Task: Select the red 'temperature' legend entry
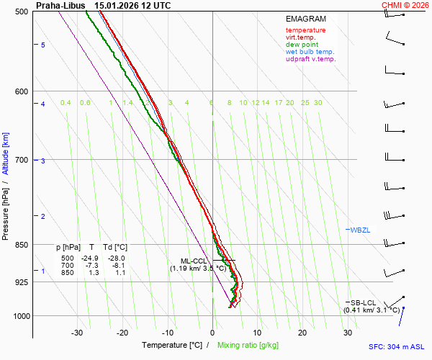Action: (305, 30)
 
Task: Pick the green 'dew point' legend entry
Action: (302, 45)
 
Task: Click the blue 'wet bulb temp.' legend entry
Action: (310, 52)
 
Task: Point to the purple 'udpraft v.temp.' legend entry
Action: (310, 59)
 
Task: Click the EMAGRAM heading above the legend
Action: (305, 19)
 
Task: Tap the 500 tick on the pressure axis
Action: (21, 12)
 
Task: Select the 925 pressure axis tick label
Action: (21, 282)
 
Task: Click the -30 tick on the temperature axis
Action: (77, 333)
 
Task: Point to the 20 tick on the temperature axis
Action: (302, 333)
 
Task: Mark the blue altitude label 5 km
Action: (42, 45)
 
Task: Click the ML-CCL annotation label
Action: (194, 261)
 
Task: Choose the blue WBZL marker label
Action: (360, 230)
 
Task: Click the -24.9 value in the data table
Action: (89, 258)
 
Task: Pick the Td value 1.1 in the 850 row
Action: (120, 273)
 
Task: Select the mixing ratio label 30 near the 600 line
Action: (318, 103)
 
